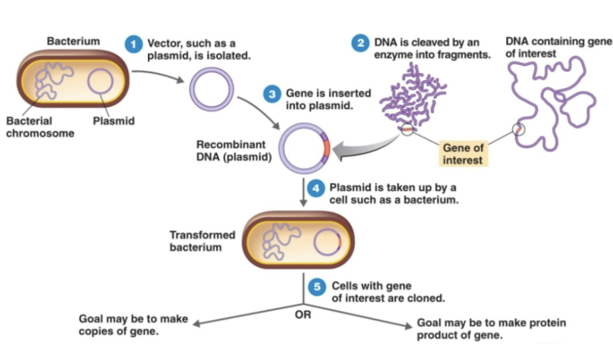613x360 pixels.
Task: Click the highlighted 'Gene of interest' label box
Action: pos(463,154)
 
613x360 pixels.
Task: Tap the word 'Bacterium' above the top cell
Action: pos(73,41)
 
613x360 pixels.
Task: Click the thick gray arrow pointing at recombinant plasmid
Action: pos(365,149)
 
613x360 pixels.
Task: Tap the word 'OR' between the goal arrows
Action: pos(303,315)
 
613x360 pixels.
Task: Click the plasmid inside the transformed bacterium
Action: pos(327,243)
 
